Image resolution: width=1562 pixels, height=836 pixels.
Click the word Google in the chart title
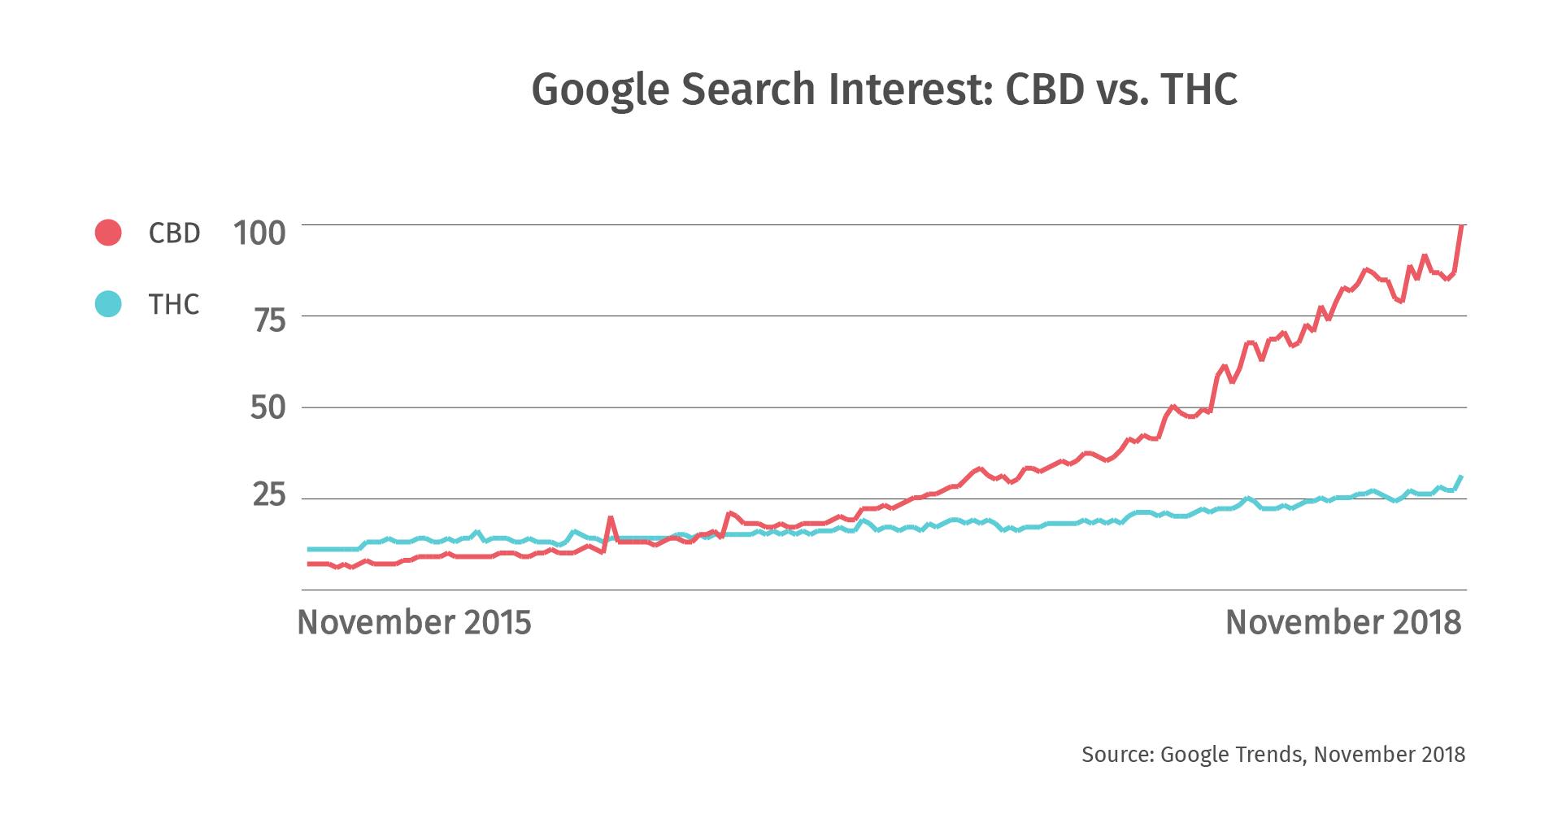tap(601, 89)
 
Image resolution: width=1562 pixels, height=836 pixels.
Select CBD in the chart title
tap(1045, 89)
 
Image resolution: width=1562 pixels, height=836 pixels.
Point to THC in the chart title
tap(1199, 89)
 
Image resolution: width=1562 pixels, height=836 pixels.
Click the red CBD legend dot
tap(108, 233)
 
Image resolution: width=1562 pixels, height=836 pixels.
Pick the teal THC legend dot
tap(108, 304)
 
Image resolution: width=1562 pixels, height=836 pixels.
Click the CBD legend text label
tap(174, 233)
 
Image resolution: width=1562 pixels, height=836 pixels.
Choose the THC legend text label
tap(174, 305)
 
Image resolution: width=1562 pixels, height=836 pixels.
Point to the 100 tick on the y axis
tap(259, 233)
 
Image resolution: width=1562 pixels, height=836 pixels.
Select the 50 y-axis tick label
tap(268, 407)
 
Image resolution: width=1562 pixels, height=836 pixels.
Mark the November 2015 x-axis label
tap(414, 622)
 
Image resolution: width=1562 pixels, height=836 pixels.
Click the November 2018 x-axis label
tap(1343, 622)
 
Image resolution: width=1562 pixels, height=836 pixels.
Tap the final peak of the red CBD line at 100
tap(1462, 226)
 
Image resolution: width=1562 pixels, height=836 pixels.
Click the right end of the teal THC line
tap(1461, 477)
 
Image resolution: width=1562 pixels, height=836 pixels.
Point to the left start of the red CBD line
tap(310, 564)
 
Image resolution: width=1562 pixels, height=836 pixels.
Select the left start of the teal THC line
tap(310, 549)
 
